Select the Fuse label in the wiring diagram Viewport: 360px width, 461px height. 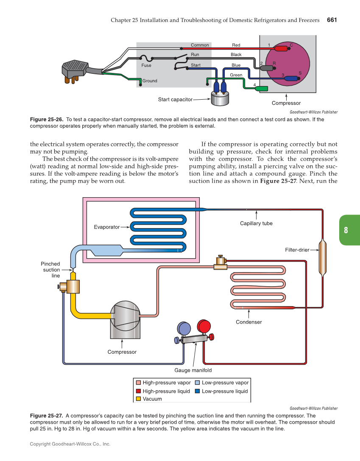pos(146,66)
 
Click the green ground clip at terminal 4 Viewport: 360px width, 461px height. pos(262,89)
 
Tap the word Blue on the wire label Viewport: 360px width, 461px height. pos(236,65)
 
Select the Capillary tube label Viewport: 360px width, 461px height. pos(256,224)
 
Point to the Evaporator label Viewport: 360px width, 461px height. pos(107,227)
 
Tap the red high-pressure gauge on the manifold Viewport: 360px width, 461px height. pos(204,327)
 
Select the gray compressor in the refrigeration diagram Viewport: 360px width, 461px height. pos(125,320)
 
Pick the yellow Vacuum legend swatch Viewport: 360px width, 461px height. pos(138,399)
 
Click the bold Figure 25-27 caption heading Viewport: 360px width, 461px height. pos(47,416)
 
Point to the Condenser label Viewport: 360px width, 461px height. pos(249,322)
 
